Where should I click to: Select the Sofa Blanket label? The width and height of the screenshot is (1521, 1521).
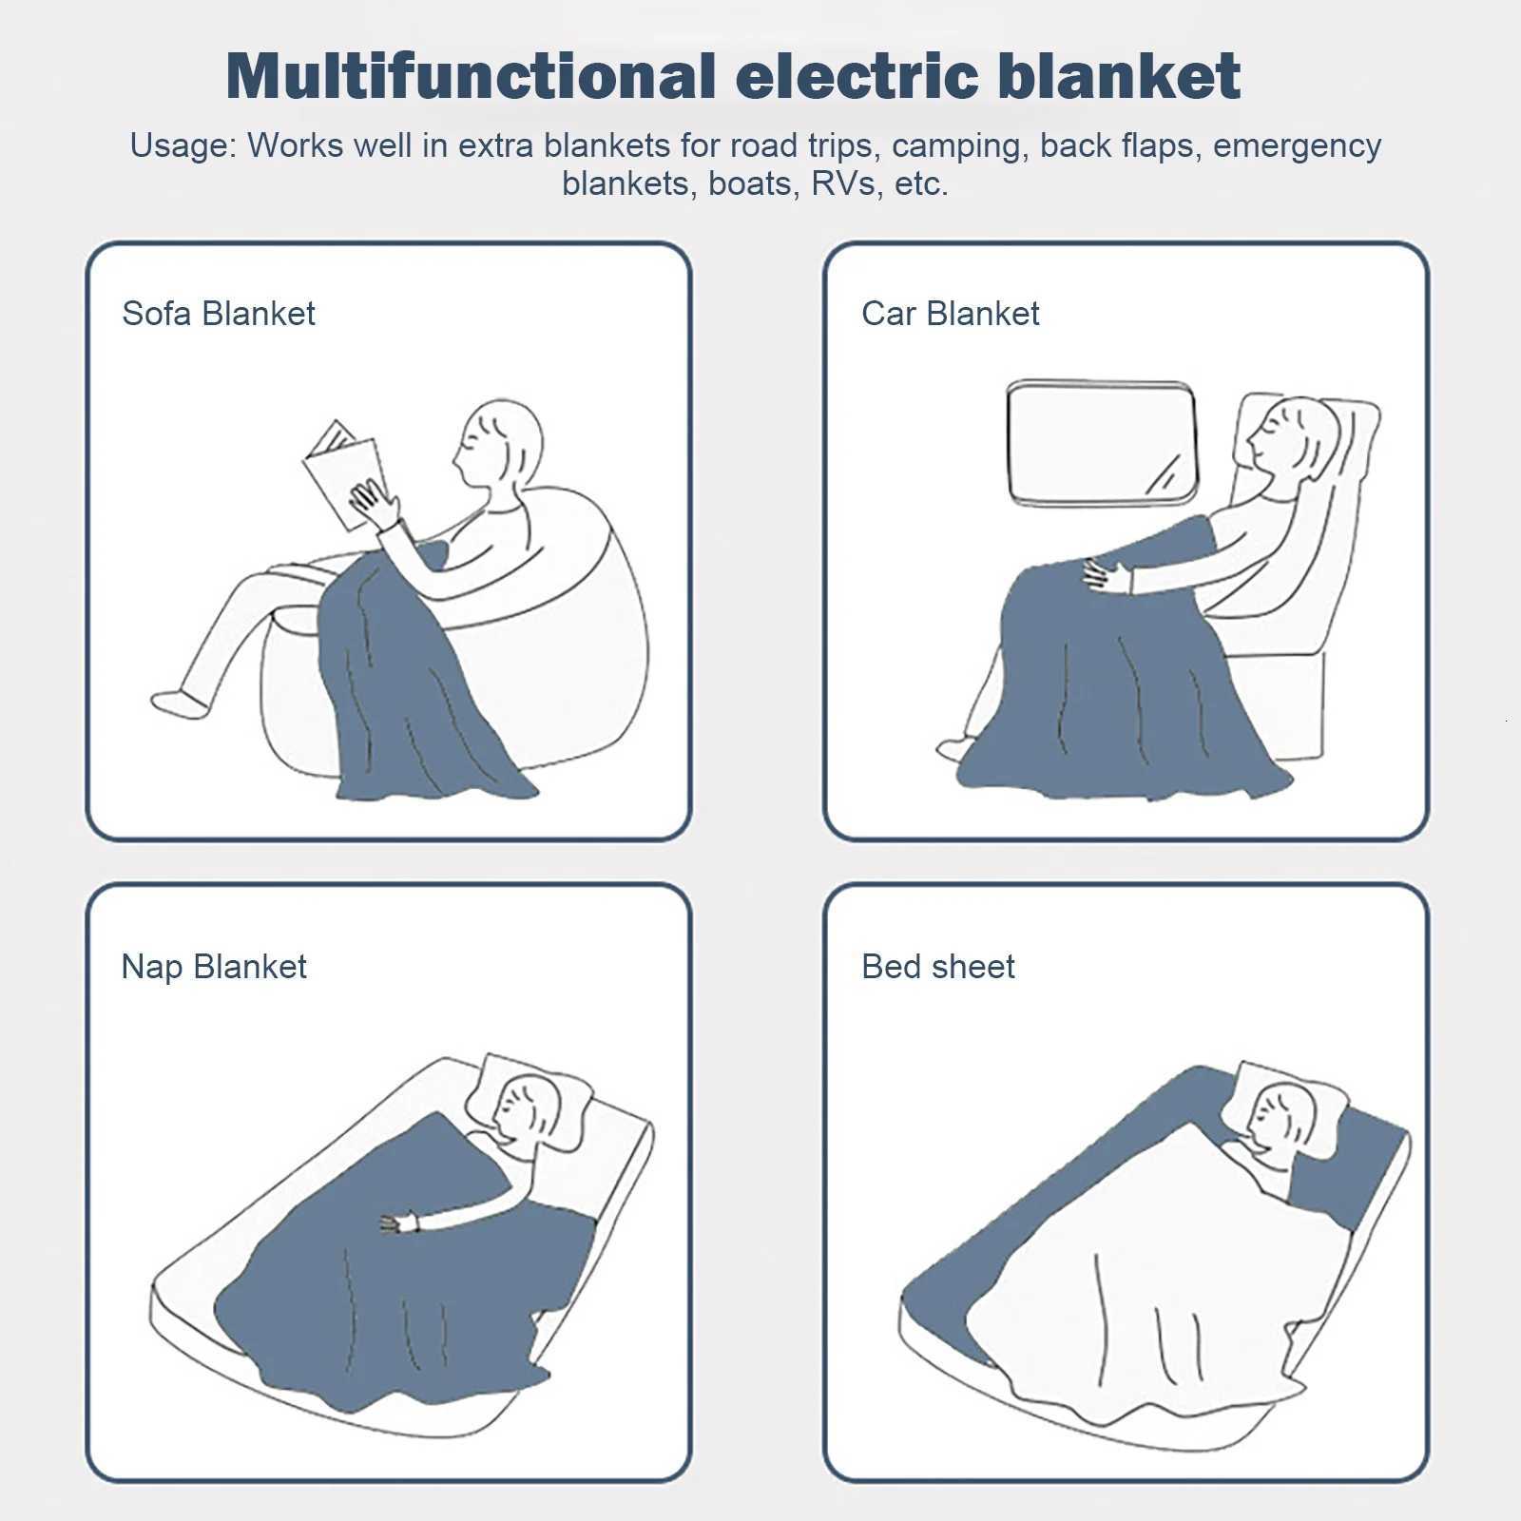click(x=219, y=314)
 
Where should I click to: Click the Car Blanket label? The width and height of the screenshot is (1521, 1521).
click(x=950, y=314)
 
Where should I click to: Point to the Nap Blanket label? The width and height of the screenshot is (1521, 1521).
click(x=214, y=967)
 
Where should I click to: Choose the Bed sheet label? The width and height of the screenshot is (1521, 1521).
click(x=937, y=967)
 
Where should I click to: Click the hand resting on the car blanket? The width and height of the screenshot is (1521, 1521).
click(x=1108, y=576)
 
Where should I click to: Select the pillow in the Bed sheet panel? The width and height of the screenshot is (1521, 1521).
click(x=1293, y=1103)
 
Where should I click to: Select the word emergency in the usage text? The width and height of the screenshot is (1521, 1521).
click(x=1297, y=146)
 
